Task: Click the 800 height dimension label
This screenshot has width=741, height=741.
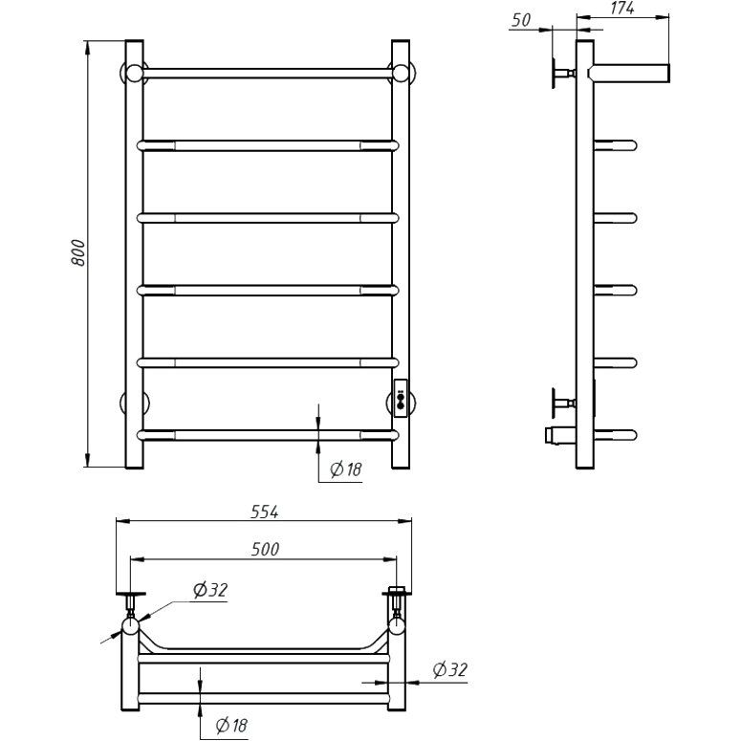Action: (78, 252)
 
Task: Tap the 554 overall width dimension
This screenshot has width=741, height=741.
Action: (265, 512)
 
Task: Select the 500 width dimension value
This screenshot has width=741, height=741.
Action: (265, 549)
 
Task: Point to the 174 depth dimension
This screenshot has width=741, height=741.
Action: (621, 8)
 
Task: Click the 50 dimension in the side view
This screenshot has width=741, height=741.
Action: (521, 20)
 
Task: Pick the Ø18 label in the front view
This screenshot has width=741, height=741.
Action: (346, 469)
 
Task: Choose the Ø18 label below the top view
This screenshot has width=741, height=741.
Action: (231, 725)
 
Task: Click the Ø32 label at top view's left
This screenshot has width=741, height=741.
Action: (210, 590)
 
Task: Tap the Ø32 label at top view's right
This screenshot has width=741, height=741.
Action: (450, 669)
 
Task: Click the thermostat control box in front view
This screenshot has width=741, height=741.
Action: (401, 398)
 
